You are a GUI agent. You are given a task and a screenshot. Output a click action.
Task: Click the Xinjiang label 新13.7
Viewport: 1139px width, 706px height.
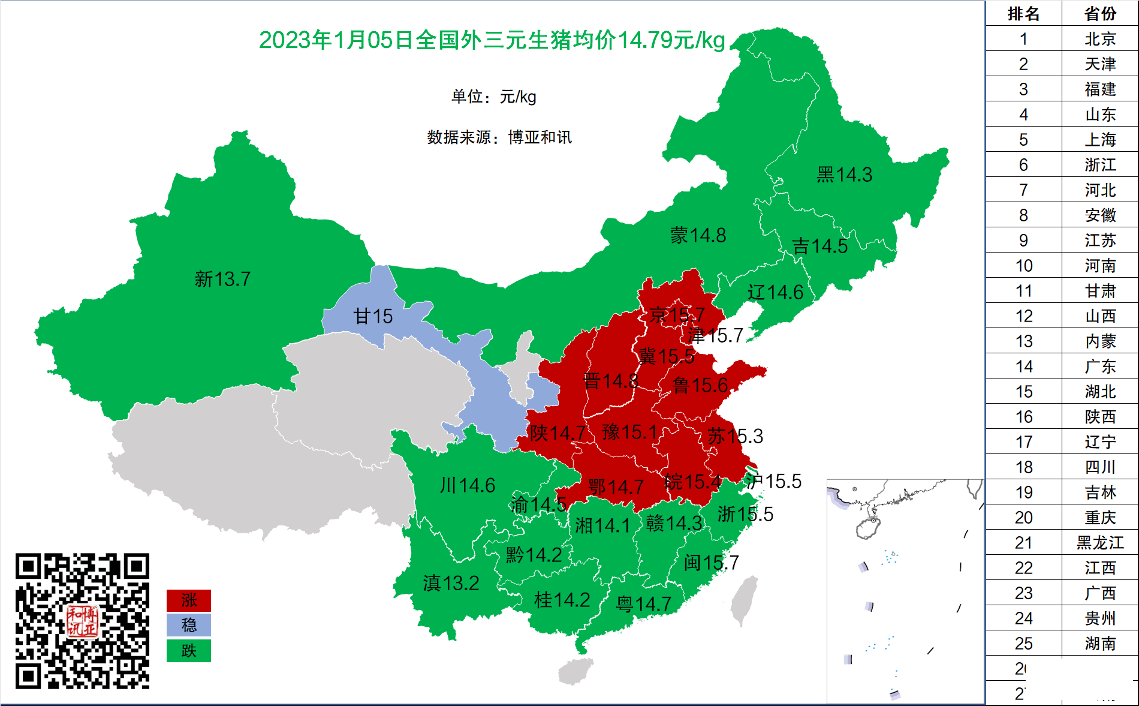tap(222, 279)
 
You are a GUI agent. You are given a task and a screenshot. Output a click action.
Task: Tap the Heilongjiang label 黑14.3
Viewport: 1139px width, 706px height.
tap(844, 175)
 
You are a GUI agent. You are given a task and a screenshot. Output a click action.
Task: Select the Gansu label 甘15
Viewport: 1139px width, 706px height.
tap(373, 316)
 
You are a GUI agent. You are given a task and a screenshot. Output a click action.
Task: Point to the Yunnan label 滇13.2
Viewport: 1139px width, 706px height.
tap(451, 583)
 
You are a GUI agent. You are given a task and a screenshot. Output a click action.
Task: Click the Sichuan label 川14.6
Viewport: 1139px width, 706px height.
tap(467, 485)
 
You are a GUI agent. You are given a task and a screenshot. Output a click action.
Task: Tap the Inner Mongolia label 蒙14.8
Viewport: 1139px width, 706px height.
tap(698, 235)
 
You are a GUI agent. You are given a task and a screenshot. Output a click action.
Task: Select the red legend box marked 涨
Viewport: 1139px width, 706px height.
tap(189, 600)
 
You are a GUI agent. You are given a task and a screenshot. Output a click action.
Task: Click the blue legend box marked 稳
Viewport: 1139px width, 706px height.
tap(189, 625)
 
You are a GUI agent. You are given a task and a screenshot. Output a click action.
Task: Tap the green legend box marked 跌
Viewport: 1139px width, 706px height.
tap(189, 651)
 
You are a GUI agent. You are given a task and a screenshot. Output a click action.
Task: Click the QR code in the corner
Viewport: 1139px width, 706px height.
tap(82, 621)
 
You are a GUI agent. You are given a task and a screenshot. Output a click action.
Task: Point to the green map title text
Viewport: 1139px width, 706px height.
tap(492, 40)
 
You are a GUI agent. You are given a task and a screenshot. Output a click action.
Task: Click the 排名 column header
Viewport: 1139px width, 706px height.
tap(1023, 14)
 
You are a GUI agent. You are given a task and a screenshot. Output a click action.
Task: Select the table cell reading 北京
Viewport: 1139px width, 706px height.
tap(1100, 39)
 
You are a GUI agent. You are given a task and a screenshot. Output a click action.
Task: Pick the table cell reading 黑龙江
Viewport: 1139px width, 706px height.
tap(1100, 543)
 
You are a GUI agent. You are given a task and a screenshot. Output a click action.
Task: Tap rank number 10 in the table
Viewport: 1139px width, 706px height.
tap(1023, 266)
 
